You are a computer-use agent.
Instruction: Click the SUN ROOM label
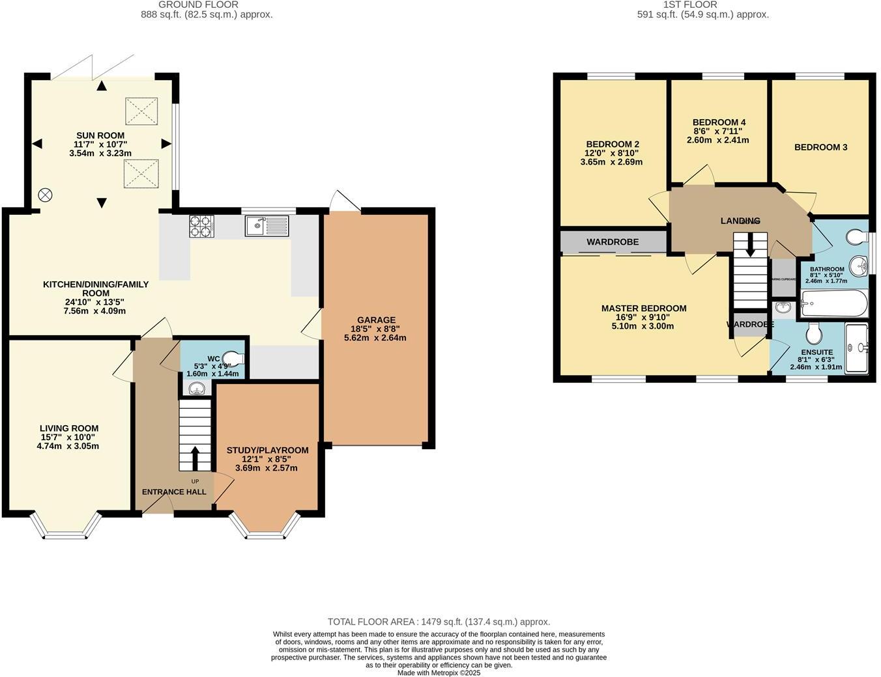tap(100, 135)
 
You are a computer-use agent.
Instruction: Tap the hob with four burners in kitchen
tap(201, 225)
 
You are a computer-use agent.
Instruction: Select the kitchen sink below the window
tap(266, 226)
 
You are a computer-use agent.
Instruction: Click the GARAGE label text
tap(375, 320)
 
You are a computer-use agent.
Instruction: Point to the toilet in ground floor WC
tap(232, 357)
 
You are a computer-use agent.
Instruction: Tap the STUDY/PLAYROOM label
tap(267, 450)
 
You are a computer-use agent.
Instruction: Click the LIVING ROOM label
tap(68, 428)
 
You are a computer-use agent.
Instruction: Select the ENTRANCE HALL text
tap(174, 491)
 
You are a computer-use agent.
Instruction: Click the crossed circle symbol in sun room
tap(45, 194)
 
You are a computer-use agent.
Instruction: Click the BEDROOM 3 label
tap(820, 147)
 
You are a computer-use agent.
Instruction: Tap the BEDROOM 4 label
tap(719, 122)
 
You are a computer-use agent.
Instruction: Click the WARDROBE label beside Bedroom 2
tap(613, 242)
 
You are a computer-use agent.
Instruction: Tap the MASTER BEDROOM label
tap(643, 309)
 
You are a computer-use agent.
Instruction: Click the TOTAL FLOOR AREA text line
tap(439, 622)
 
